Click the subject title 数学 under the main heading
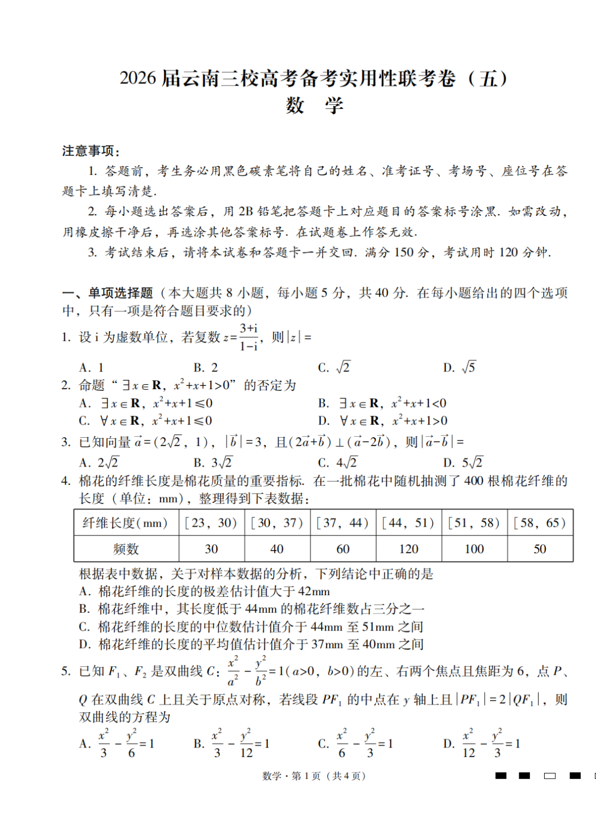coord(315,105)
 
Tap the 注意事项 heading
coord(91,151)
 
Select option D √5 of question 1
coord(459,367)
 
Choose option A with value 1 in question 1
coord(92,368)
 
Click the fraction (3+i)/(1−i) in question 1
coord(249,337)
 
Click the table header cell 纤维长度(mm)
coord(125,523)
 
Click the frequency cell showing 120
coord(408,549)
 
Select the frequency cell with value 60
coord(343,549)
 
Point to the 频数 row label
coord(126,549)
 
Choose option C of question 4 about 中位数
coord(251,627)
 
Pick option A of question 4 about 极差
coord(205,591)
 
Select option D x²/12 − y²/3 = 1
coord(482,744)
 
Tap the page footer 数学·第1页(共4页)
coord(313,776)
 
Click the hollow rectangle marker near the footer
coord(550,776)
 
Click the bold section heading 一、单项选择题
coord(108,293)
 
